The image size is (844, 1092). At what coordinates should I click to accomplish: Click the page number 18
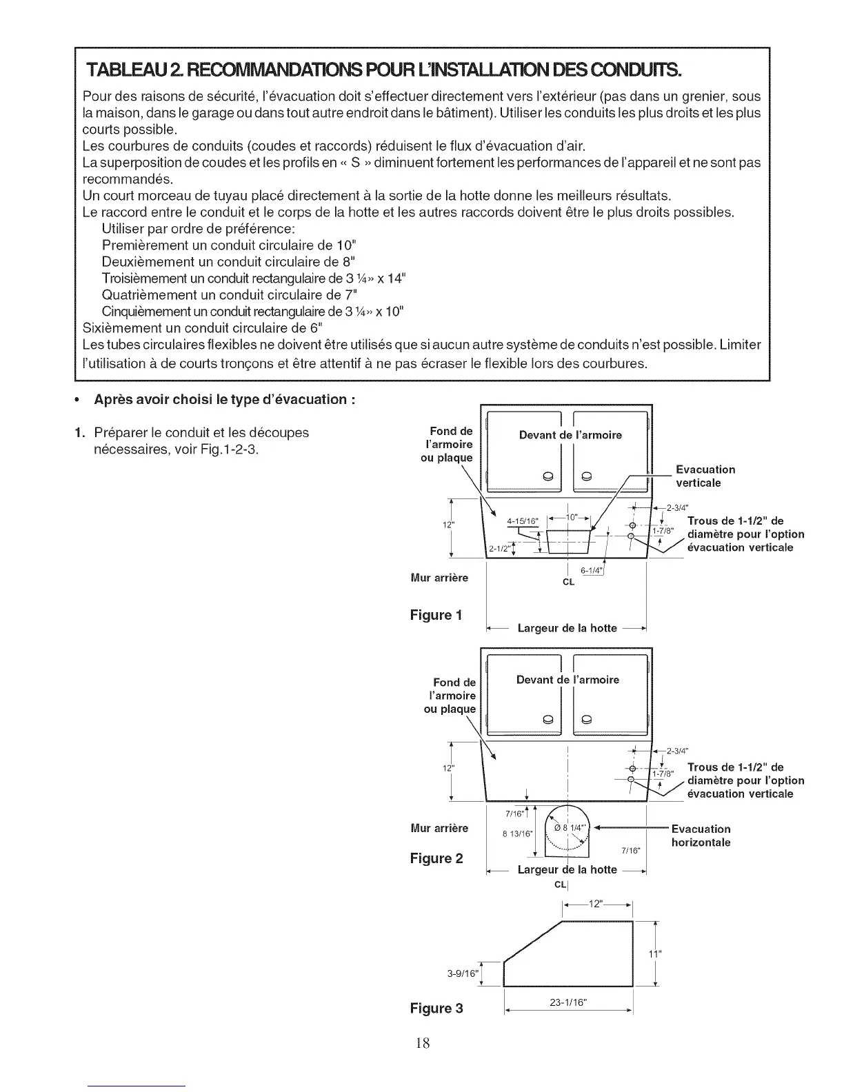coord(422,1043)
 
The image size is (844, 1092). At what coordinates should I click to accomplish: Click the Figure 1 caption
coord(436,614)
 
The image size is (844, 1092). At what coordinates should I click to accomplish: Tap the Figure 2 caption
coord(436,858)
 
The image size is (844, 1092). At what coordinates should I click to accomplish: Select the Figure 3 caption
coord(436,1009)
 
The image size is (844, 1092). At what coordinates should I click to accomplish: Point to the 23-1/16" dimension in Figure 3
coord(568,1003)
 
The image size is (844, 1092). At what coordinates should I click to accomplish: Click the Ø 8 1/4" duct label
coord(572,829)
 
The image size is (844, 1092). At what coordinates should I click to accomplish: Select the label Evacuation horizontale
coord(701,836)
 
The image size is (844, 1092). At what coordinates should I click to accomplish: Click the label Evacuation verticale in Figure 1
coord(705,476)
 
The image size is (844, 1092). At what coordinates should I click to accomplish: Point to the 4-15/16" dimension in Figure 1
coord(521,521)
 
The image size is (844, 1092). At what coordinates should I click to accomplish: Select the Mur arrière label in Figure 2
coord(439,828)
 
